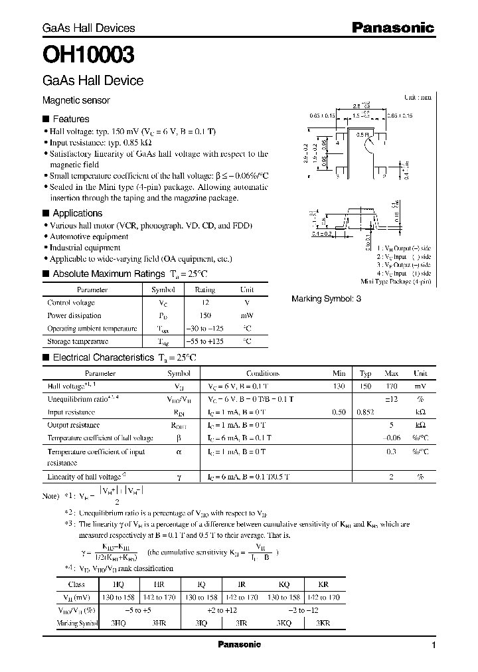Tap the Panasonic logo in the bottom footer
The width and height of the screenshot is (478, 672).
click(x=239, y=645)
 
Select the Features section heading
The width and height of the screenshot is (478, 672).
click(x=70, y=120)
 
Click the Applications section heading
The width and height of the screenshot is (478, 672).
click(x=77, y=213)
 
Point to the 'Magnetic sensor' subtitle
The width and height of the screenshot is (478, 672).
click(x=76, y=100)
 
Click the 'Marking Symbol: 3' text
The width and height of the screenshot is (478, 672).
click(x=326, y=299)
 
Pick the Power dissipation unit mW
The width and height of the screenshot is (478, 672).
click(x=246, y=315)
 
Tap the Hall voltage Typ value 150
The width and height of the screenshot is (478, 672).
click(x=365, y=386)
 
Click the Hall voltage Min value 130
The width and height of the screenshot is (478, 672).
click(x=339, y=386)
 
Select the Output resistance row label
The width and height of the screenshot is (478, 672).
click(x=74, y=425)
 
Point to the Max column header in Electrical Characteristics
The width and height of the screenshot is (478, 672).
click(x=391, y=373)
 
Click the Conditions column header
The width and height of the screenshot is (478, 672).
click(x=263, y=373)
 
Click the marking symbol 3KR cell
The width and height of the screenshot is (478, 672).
click(x=323, y=624)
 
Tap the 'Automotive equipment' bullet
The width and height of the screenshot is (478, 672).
click(x=84, y=236)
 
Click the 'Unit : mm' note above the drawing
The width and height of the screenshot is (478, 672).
click(x=417, y=97)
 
